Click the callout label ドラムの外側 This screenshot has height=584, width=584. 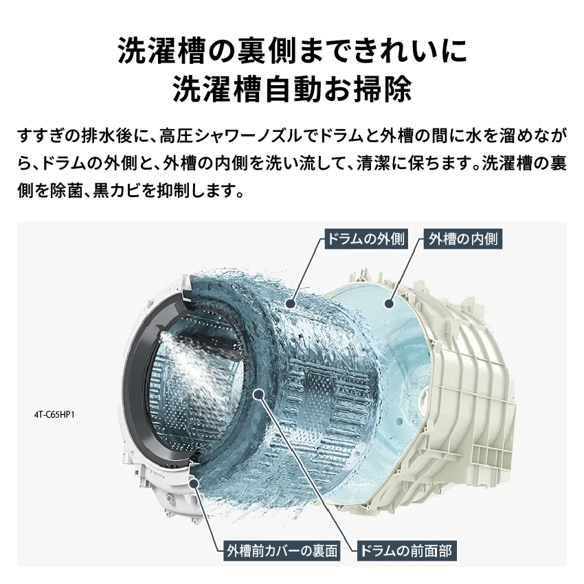pos(365,239)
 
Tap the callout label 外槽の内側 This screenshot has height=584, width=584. pos(463,239)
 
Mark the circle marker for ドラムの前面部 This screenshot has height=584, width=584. pos(259,394)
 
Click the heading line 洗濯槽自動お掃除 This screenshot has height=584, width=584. pos(292,89)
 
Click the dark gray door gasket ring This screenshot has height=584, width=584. pos(137,385)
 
